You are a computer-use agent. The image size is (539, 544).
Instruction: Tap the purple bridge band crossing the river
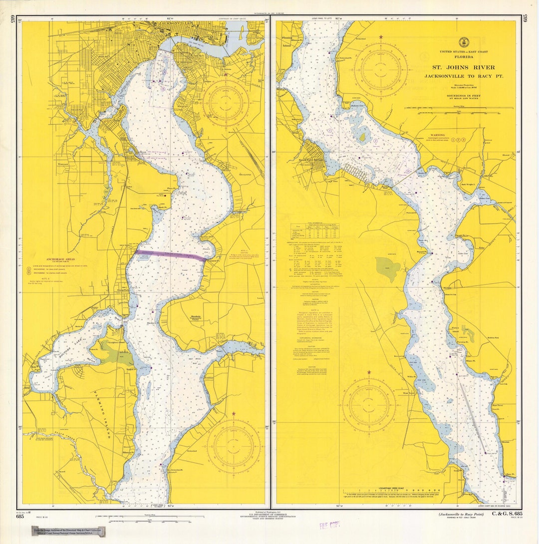pyautogui.click(x=170, y=255)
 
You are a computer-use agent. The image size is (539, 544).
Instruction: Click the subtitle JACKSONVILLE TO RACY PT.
pyautogui.click(x=464, y=76)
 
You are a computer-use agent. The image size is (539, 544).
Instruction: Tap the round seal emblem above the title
pyautogui.click(x=464, y=42)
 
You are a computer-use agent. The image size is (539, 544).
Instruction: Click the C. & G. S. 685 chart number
pyautogui.click(x=507, y=514)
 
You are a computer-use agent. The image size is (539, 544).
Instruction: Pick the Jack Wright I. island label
pyautogui.click(x=470, y=184)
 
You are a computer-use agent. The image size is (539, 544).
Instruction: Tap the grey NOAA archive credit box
pyautogui.click(x=69, y=532)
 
